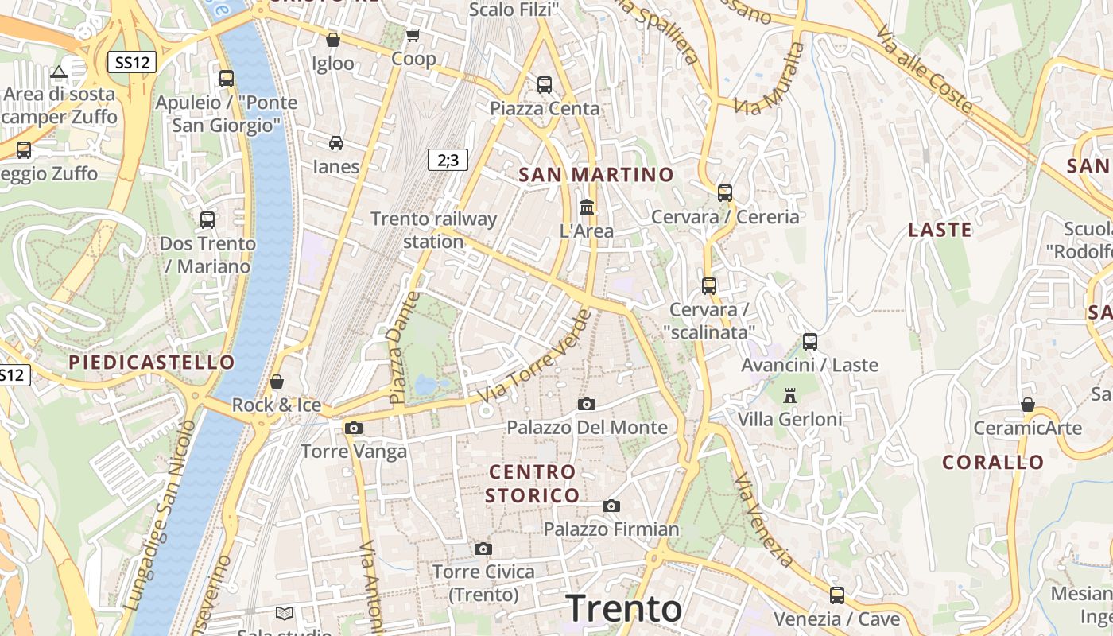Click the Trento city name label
tap(624, 608)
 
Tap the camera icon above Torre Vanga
tap(354, 428)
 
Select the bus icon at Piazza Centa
tap(545, 84)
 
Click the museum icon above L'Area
tap(587, 207)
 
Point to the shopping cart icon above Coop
tap(413, 35)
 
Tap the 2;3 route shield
tap(448, 160)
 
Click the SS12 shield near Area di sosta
tap(131, 62)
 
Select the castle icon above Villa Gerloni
tap(789, 395)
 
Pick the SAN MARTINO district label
tap(596, 175)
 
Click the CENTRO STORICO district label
tap(533, 483)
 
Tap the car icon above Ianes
tap(336, 143)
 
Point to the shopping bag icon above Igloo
tap(333, 39)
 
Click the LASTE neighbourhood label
tap(940, 231)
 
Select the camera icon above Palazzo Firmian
tap(611, 506)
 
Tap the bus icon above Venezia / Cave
tap(836, 595)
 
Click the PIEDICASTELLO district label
tap(152, 363)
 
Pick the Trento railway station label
tap(433, 230)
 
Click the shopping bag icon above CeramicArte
tap(1028, 405)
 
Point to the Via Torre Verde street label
tap(537, 355)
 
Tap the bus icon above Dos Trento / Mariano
tap(207, 219)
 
